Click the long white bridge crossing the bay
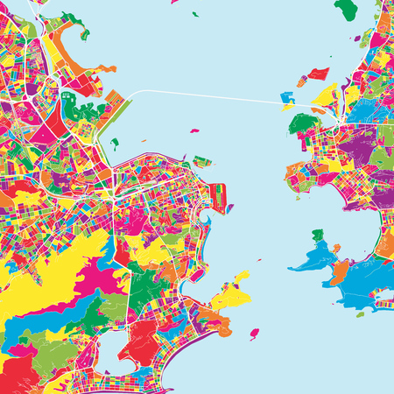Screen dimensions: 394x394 coord(210,95)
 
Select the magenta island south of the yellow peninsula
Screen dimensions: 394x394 coord(255,334)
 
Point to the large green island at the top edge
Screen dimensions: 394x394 coord(346,9)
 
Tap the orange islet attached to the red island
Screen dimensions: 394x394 coord(300,81)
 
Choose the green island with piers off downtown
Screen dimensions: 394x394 coord(203,162)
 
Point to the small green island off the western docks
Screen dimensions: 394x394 coord(115,143)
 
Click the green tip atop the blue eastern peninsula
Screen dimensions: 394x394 coord(317,235)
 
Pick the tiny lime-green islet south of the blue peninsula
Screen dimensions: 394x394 coord(360,313)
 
